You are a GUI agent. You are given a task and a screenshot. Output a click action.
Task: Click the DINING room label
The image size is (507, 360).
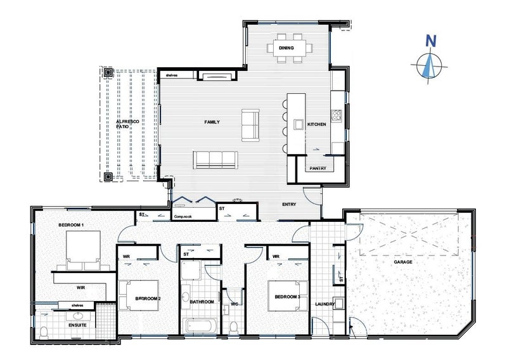tap(286, 48)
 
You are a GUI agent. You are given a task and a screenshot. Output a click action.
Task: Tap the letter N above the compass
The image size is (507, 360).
tap(431, 41)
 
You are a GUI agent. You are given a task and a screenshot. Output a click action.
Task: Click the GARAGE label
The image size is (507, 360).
tap(403, 262)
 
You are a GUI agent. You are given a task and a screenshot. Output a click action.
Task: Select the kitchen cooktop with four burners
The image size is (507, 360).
tap(337, 115)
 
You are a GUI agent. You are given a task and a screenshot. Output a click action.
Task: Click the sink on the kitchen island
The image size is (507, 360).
tap(297, 124)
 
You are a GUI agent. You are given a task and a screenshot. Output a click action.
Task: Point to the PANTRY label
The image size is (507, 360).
tap(318, 169)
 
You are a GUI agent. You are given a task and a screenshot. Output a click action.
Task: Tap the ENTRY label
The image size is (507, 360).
tap(289, 205)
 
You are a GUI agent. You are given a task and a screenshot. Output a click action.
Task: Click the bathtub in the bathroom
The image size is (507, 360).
tap(200, 326)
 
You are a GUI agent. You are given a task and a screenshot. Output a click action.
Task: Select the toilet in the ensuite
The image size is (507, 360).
tap(44, 333)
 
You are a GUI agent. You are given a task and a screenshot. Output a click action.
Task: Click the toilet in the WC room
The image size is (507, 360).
tap(233, 328)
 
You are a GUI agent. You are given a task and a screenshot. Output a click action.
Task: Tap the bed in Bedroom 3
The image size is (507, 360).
tap(288, 296)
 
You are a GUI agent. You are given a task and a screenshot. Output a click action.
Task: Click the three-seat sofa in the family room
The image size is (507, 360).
tap(216, 160)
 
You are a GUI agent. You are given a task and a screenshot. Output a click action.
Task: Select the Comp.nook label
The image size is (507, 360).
tap(183, 216)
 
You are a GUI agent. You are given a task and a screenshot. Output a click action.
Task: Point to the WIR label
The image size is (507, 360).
tap(81, 287)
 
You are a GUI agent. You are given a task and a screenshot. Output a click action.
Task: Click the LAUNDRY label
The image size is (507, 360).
tap(325, 304)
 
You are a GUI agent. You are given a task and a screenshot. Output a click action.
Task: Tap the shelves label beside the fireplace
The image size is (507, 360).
tap(172, 75)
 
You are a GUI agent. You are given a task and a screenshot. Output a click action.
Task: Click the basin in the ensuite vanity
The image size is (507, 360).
tap(78, 316)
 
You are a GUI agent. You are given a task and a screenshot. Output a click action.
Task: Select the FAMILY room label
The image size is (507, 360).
tap(212, 122)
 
